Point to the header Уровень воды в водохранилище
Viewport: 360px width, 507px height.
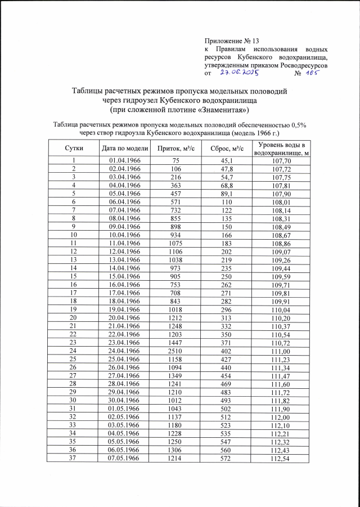(x=282, y=149)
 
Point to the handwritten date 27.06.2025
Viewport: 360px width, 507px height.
(x=238, y=73)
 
